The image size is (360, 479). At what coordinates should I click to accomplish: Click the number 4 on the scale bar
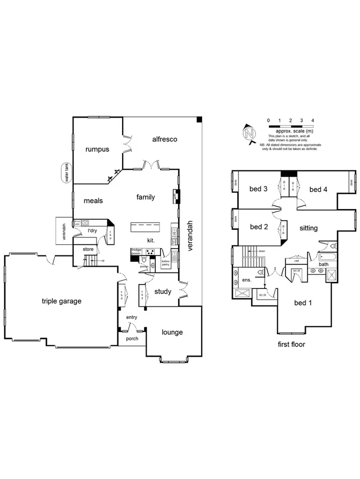point(313,121)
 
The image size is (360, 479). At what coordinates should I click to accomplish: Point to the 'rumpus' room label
point(97,150)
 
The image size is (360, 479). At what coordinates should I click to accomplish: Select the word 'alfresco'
point(164,139)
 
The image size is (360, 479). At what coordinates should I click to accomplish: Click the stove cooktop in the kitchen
point(151,253)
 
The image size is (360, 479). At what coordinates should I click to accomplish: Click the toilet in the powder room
point(144,260)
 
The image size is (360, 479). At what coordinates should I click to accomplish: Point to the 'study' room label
point(163,292)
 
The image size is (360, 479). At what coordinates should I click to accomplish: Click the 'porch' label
point(132,338)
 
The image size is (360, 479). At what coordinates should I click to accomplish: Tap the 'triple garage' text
point(61,301)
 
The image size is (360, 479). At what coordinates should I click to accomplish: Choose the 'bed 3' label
point(258,189)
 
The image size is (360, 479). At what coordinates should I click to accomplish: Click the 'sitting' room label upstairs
point(308,228)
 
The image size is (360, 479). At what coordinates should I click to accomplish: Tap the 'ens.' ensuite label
point(246,279)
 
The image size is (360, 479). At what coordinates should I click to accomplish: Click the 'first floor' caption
point(291,344)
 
